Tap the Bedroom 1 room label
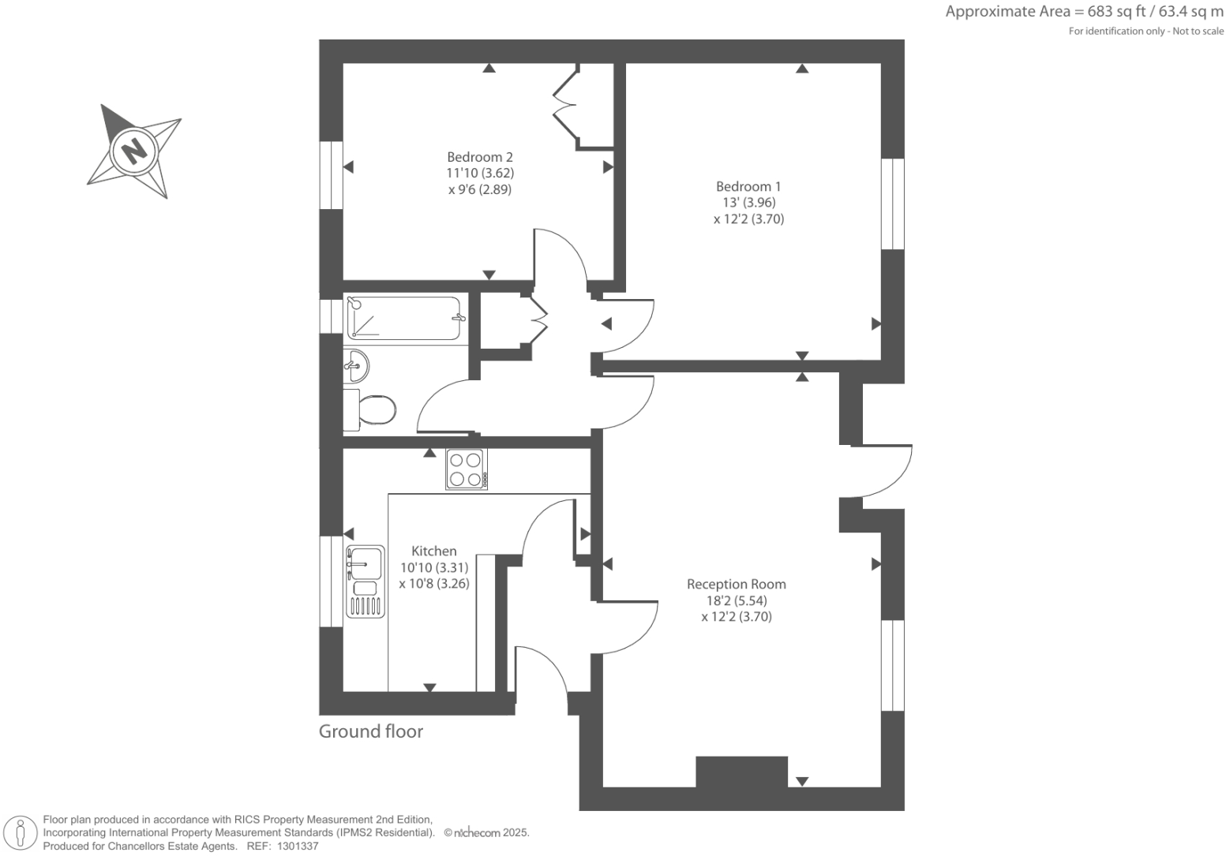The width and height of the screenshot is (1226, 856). tap(748, 186)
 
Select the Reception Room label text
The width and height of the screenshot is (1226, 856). tap(736, 585)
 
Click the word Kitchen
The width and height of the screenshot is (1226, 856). tap(433, 551)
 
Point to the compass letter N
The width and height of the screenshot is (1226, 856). tap(134, 149)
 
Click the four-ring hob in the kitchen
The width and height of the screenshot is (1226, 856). tap(466, 469)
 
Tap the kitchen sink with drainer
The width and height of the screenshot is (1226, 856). tap(365, 581)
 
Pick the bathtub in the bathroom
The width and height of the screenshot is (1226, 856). tap(403, 318)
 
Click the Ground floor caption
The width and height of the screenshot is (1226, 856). tap(370, 731)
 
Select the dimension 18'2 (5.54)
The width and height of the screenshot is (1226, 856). tap(736, 600)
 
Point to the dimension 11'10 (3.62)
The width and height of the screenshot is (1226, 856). tap(480, 173)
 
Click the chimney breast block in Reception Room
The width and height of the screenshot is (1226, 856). tap(741, 772)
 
